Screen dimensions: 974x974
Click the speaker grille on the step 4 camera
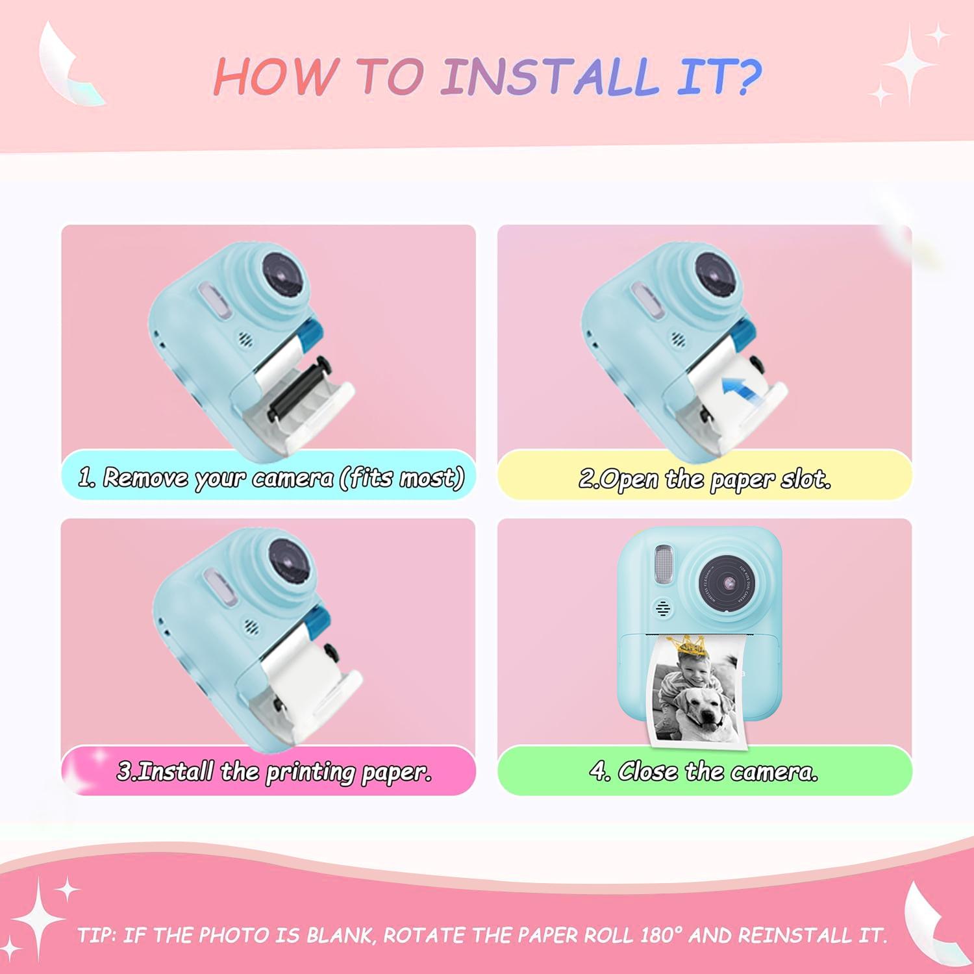tap(663, 608)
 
